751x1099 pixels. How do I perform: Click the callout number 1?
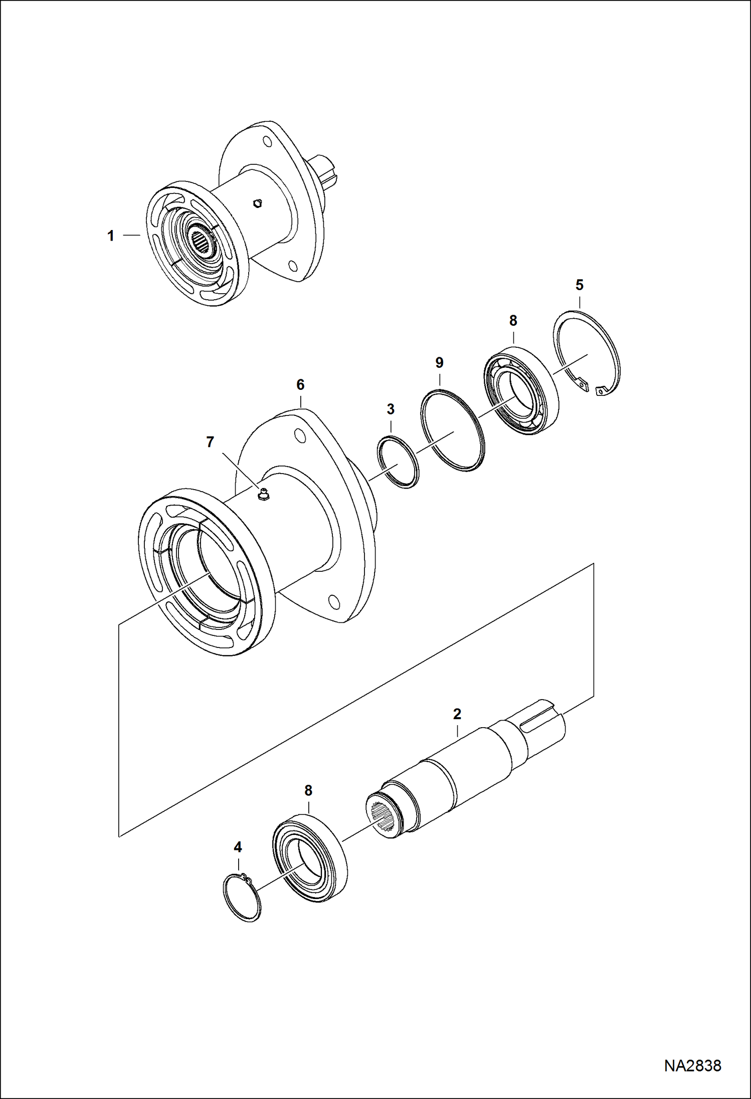coord(111,236)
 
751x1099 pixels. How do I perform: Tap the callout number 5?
coord(580,285)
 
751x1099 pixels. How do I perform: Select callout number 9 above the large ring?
coord(439,362)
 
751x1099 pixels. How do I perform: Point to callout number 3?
coord(391,409)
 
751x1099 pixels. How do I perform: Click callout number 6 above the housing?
coord(300,385)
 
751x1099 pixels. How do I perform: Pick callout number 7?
coord(210,442)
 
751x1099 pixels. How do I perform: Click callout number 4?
coord(238,847)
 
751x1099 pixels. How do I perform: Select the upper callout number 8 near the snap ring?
coord(513,321)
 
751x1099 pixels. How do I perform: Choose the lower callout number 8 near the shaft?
coord(308,790)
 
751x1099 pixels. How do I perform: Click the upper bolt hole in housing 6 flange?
coord(300,435)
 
